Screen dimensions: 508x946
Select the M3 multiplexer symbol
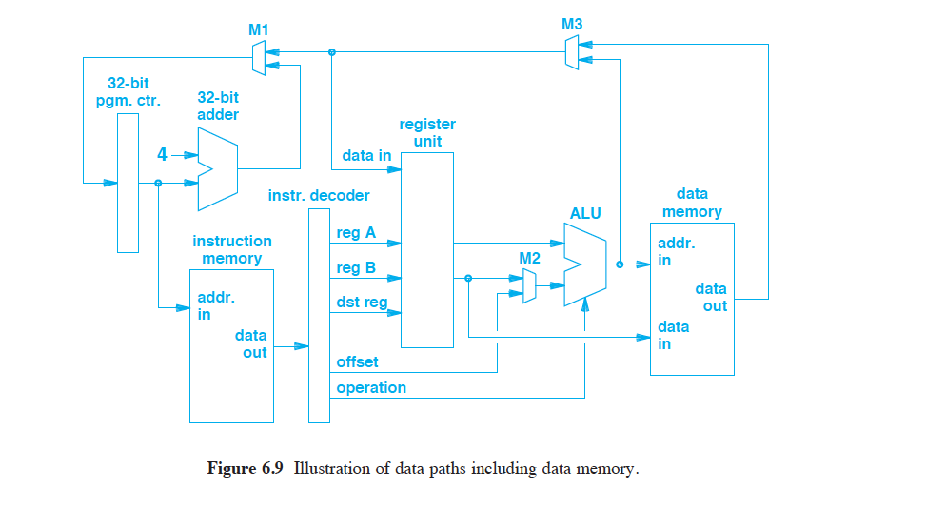point(571,52)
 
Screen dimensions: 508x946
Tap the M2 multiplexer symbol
point(529,285)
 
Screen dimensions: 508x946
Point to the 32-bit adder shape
point(216,169)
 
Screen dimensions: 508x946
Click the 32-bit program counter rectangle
point(128,183)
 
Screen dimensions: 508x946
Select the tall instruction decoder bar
point(319,315)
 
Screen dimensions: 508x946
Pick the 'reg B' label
point(356,268)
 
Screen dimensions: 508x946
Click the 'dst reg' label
point(362,303)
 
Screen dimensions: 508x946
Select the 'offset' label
point(357,362)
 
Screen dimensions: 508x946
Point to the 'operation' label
point(371,388)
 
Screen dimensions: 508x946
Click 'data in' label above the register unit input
point(365,155)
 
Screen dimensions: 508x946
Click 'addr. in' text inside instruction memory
point(215,306)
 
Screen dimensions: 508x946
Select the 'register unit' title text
point(427,132)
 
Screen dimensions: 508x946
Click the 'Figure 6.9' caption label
point(246,468)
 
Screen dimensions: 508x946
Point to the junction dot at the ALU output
point(620,265)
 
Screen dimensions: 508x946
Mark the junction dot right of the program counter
point(158,183)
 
